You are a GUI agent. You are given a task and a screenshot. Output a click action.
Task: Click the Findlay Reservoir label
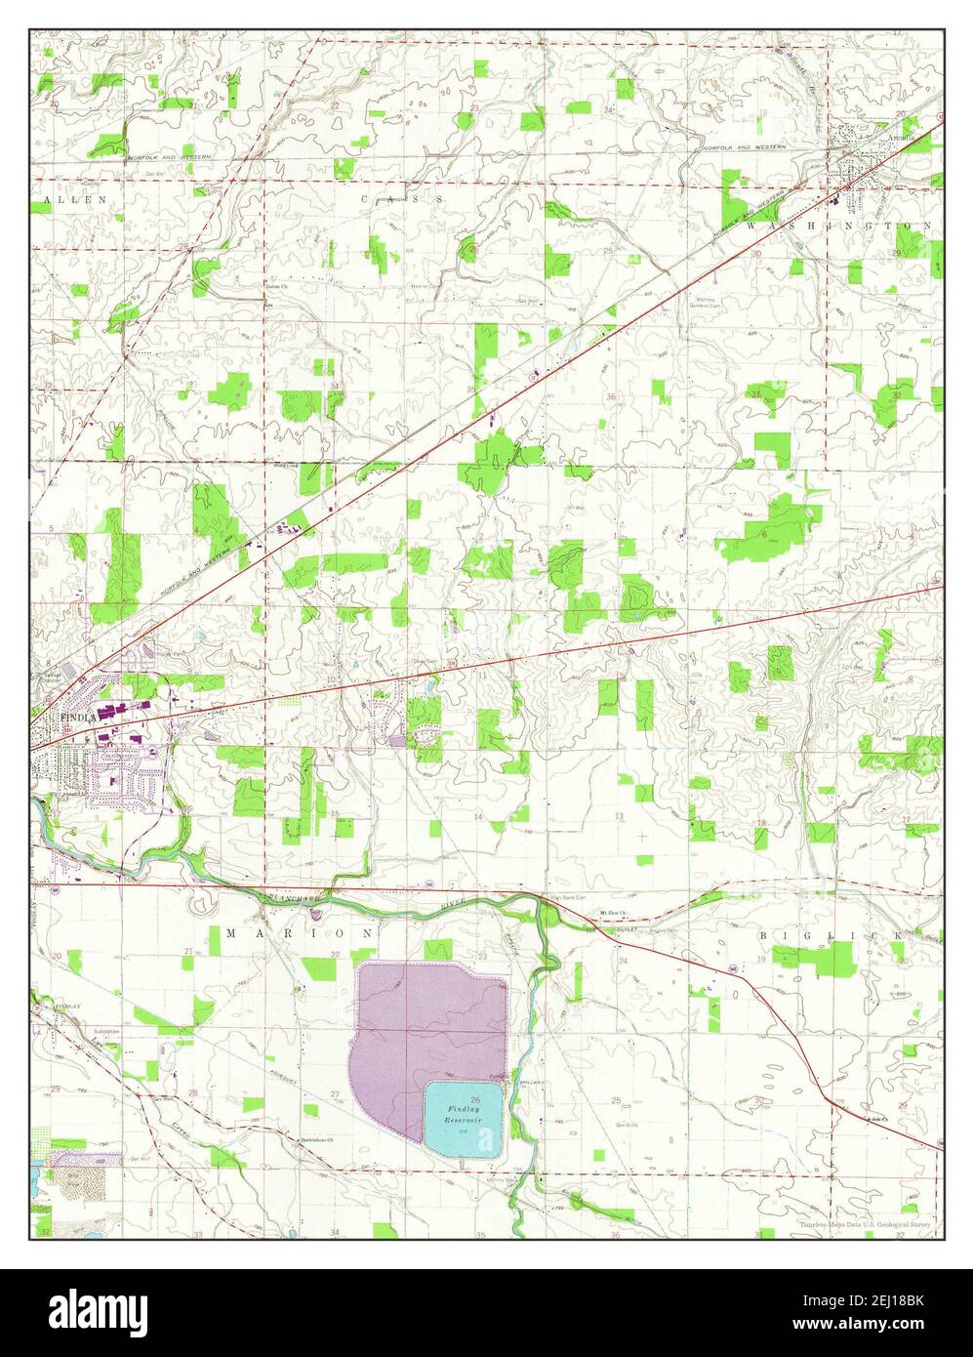point(463,1115)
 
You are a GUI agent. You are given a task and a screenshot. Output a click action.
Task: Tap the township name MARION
point(299,933)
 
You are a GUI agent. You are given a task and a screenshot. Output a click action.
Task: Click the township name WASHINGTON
point(841,226)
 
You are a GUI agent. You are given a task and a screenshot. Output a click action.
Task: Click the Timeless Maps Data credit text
point(865,1223)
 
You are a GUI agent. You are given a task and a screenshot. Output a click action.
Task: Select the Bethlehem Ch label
point(317,1140)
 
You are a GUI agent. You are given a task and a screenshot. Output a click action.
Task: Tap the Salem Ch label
point(279,286)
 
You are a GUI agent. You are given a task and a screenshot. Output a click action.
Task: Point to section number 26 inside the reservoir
point(474,1099)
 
